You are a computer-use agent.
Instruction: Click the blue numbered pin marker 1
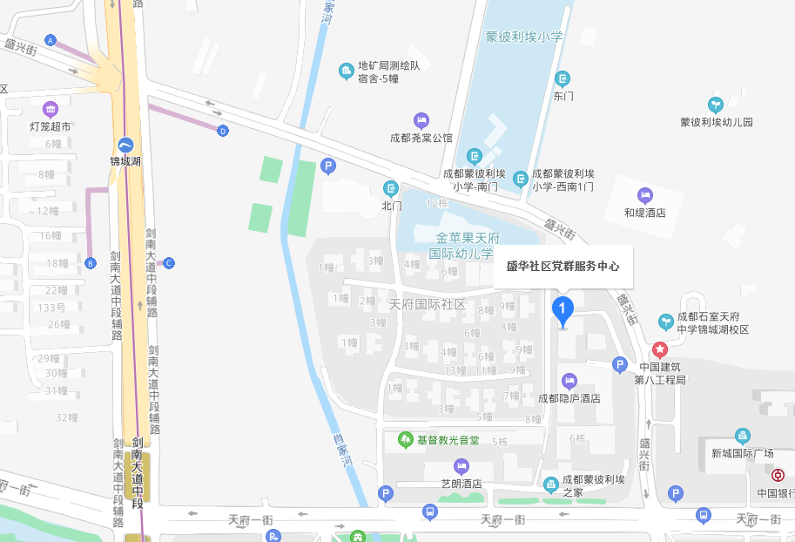click(563, 309)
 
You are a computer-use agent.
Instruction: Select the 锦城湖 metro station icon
click(126, 146)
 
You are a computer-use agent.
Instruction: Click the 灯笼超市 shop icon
click(51, 109)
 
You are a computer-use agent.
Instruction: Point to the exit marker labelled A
click(51, 41)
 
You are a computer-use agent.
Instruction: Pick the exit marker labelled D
click(223, 131)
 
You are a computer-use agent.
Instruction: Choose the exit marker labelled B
click(90, 263)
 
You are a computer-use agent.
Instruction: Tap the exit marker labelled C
click(169, 262)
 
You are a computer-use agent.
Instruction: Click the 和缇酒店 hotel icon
click(644, 194)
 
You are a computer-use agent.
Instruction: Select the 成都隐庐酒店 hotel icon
click(569, 380)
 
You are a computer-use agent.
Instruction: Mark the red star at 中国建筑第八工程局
click(660, 350)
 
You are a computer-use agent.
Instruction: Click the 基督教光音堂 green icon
click(405, 439)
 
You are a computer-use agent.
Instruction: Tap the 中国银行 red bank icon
click(778, 476)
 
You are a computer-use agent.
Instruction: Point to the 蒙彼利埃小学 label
click(524, 37)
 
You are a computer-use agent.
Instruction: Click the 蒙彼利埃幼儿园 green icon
click(716, 105)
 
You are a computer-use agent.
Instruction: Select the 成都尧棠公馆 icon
click(421, 119)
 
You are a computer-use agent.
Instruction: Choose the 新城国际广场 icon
click(743, 436)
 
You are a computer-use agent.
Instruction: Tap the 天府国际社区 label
click(428, 305)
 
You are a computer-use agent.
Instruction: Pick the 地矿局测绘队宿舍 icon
click(346, 69)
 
